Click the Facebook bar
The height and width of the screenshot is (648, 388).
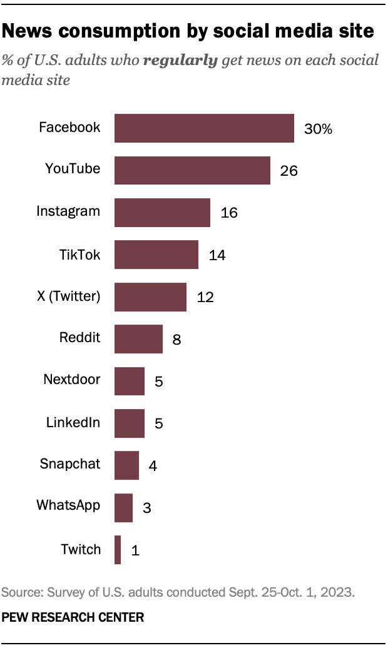pos(204,128)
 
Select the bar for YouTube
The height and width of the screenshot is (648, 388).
pos(192,170)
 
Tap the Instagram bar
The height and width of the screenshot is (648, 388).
pos(162,213)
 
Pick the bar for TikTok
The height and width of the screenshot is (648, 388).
pos(156,255)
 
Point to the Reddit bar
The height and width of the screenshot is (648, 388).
pos(138,339)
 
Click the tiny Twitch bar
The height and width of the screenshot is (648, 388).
pos(118,550)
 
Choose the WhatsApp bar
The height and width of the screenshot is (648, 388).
pos(123,507)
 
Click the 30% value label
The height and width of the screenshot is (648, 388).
pos(318,129)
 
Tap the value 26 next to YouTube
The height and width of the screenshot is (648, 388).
pos(288,171)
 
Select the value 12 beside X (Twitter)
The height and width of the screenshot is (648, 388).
pos(205,298)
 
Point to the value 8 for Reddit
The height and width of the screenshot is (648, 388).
pos(177,340)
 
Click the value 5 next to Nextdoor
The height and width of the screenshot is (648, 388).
pos(159,382)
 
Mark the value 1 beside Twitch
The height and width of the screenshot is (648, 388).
pos(135,550)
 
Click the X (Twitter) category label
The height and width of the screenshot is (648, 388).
pos(69,296)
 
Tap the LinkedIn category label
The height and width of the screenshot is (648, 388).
pos(73,422)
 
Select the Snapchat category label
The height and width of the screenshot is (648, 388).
pos(69,464)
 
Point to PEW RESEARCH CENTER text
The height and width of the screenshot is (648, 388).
pos(73,617)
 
